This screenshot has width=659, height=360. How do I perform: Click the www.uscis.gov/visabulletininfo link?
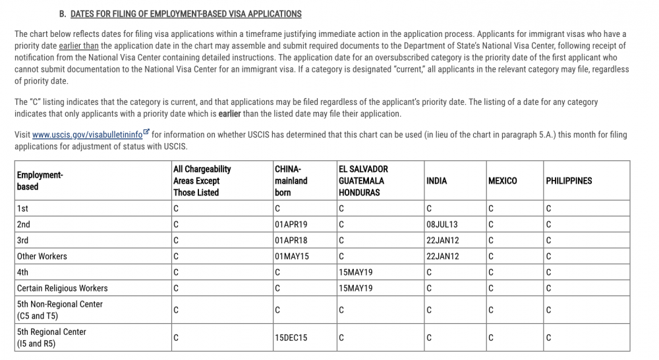[x=87, y=135]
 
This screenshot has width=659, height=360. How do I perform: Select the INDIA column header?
[x=436, y=181]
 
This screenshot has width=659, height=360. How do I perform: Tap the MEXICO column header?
[x=502, y=181]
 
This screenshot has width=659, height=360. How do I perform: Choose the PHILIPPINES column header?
[x=569, y=181]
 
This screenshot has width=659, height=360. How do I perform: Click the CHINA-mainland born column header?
[x=291, y=181]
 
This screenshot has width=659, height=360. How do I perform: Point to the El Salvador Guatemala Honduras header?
[x=363, y=181]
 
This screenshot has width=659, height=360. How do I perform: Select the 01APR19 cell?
[x=291, y=225]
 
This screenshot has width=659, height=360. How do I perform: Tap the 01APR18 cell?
[x=291, y=241]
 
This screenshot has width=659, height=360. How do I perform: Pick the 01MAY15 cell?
[x=291, y=256]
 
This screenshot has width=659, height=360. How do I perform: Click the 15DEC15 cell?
[x=291, y=338]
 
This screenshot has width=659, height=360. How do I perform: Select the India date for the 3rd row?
[x=443, y=241]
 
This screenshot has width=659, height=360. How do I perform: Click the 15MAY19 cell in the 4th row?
[x=356, y=272]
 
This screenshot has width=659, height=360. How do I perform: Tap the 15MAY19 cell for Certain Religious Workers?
[x=356, y=288]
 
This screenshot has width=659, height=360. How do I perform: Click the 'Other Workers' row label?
[x=42, y=256]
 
